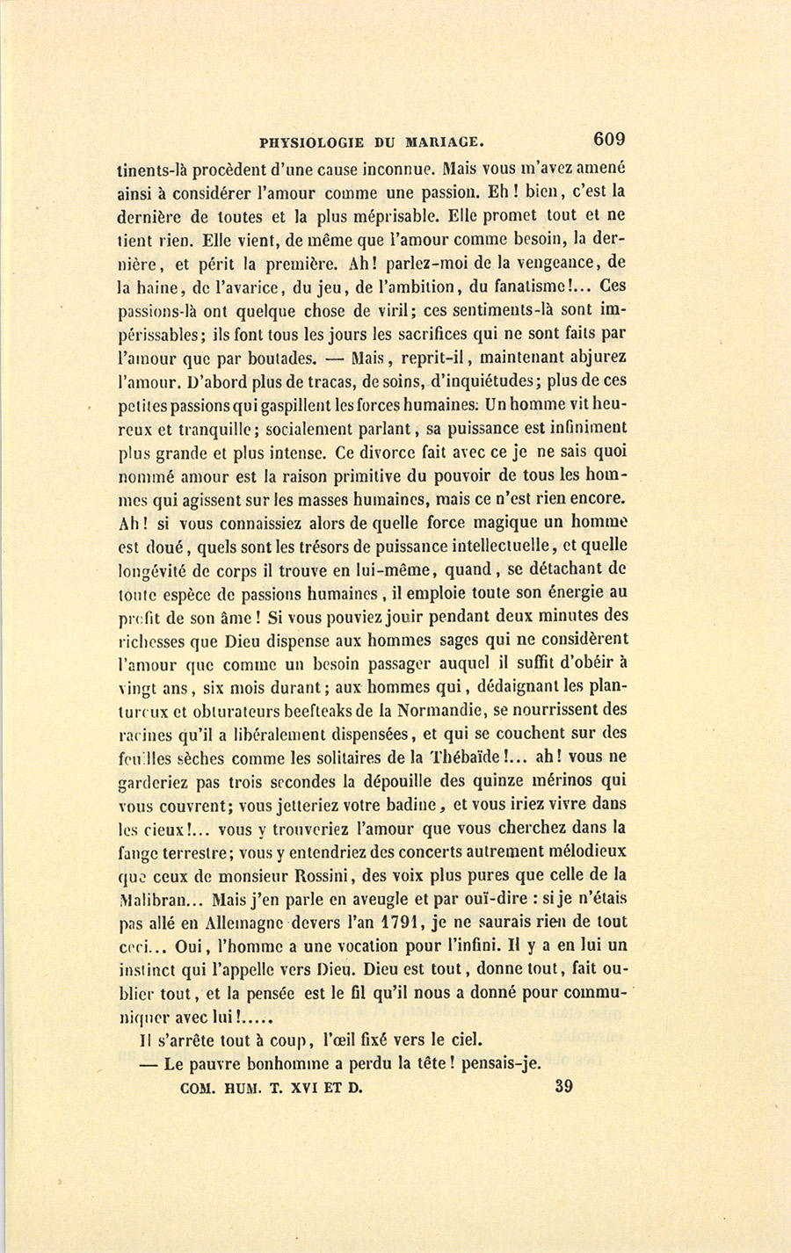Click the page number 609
coord(608,138)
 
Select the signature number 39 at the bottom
coord(564,1086)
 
